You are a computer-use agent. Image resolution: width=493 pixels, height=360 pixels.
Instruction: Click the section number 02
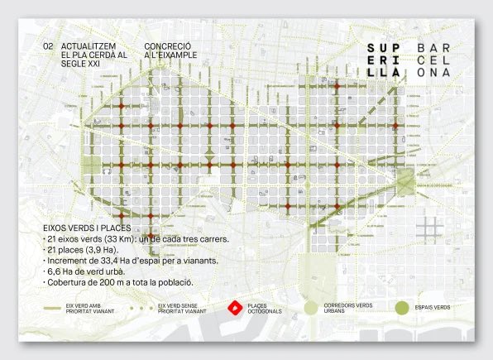[47, 47]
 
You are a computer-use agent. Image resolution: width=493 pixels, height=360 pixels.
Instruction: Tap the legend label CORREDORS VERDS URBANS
[347, 308]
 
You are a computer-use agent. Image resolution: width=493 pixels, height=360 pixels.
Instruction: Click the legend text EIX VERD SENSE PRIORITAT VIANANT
[183, 308]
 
